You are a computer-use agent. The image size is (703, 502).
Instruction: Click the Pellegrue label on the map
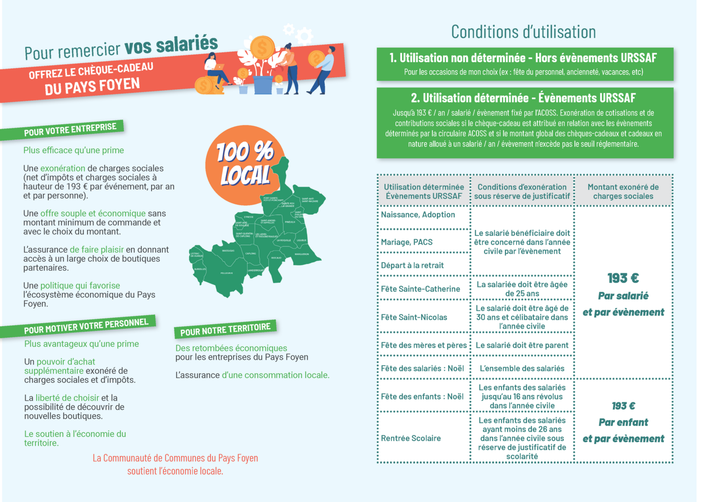click(227, 273)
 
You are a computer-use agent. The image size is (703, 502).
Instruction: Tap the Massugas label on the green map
click(228, 251)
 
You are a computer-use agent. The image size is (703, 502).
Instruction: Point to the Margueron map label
click(302, 254)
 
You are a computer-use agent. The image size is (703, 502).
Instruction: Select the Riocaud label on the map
click(276, 258)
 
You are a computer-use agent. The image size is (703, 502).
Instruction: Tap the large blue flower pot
click(263, 85)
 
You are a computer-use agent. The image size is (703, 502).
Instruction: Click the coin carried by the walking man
click(316, 58)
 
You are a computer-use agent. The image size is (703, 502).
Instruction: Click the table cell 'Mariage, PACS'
click(406, 242)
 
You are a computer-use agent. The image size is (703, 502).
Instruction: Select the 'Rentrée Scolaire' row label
click(410, 438)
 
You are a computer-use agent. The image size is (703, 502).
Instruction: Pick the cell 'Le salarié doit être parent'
click(522, 345)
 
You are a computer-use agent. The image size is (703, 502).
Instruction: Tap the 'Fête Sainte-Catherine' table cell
click(420, 289)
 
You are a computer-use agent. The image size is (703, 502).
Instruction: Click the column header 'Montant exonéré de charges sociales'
click(623, 192)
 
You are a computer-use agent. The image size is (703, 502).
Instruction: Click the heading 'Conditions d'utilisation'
click(523, 32)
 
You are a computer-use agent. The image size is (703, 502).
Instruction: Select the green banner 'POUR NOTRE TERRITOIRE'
click(225, 329)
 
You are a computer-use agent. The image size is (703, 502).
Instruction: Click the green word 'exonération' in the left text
click(62, 169)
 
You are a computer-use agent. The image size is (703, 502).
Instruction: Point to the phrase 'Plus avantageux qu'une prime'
click(81, 344)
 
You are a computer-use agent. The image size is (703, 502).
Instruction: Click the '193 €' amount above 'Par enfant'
click(623, 406)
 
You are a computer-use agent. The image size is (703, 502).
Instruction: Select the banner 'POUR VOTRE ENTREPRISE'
click(70, 130)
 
